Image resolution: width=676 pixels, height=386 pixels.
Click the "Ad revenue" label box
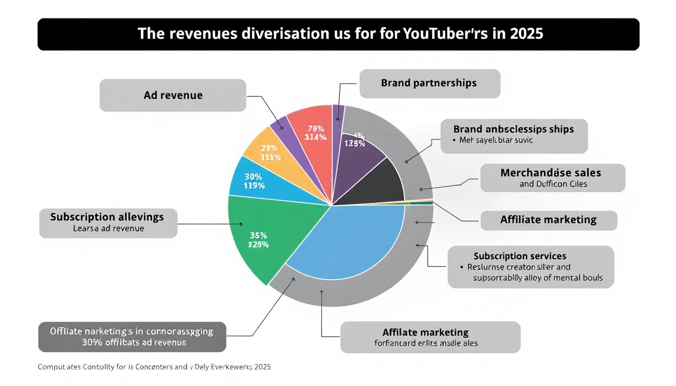point(173,95)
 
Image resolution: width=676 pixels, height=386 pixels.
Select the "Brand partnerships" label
point(429,83)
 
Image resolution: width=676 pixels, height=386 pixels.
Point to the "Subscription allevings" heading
point(107,217)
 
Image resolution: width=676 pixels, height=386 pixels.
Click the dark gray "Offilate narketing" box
point(132,337)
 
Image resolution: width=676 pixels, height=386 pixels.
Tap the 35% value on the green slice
point(258,235)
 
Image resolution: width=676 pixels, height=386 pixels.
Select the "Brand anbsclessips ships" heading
point(514,129)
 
